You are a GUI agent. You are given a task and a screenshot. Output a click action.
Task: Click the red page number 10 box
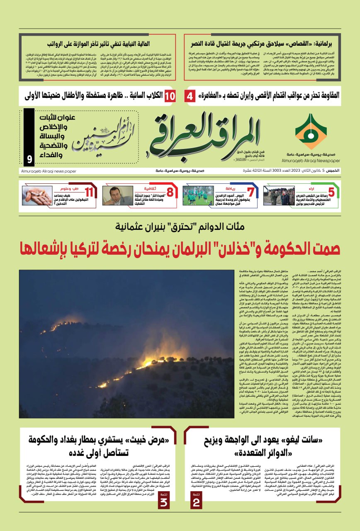[x=170, y=96]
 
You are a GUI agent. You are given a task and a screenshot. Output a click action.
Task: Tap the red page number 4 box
[x=190, y=96]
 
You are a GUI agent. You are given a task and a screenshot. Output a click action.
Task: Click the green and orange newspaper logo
[x=310, y=132]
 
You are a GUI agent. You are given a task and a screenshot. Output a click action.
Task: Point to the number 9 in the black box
[x=29, y=159]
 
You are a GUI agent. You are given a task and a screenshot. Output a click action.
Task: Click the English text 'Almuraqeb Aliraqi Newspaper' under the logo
[x=311, y=160]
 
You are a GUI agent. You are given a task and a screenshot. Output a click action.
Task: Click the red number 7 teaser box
[x=250, y=192]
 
